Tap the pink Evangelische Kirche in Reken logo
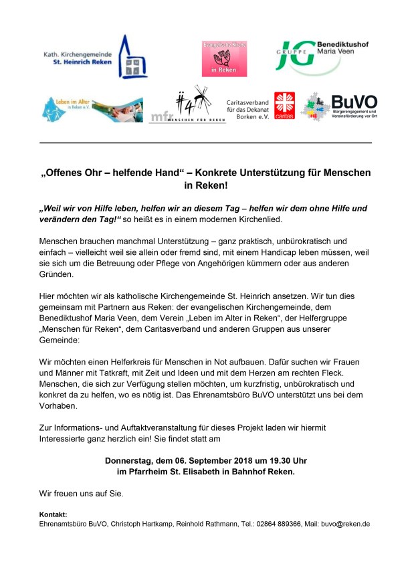tap(225, 58)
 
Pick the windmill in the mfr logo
tap(201, 100)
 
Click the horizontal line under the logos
tap(205, 143)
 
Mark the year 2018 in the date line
tap(232, 461)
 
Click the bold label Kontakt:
tap(54, 514)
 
